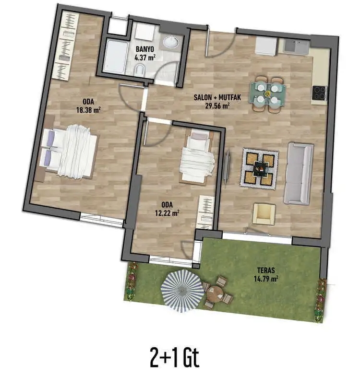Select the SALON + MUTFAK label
pyautogui.click(x=217, y=97)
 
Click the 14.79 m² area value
pyautogui.click(x=267, y=277)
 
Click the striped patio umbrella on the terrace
pyautogui.click(x=182, y=289)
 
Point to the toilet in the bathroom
pyautogui.click(x=140, y=71)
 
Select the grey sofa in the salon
pyautogui.click(x=298, y=173)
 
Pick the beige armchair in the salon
pyautogui.click(x=264, y=213)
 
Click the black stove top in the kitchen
pyautogui.click(x=319, y=92)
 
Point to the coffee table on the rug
pyautogui.click(x=261, y=168)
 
